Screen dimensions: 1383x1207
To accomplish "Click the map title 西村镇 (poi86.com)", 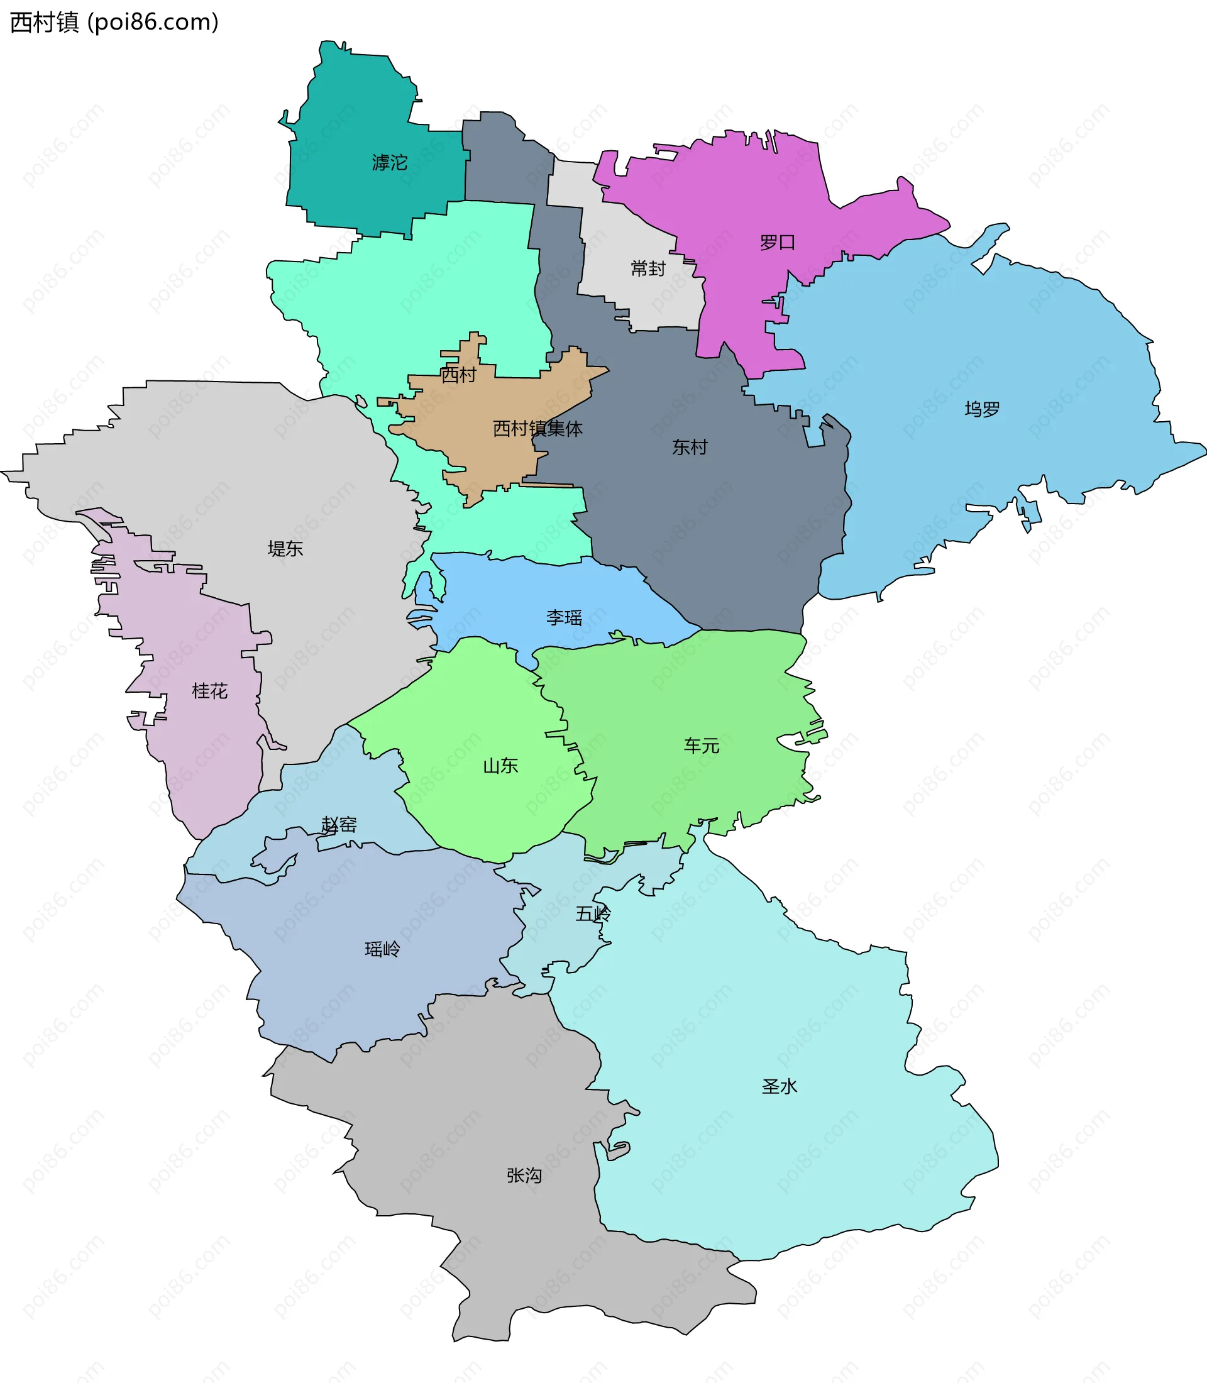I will coord(114,22).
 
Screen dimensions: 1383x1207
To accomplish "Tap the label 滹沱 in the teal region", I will coord(389,162).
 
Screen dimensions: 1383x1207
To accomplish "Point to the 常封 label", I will coord(648,269).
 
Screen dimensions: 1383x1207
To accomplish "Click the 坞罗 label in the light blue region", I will coord(982,409).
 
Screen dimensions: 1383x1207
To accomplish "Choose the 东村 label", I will coord(690,446).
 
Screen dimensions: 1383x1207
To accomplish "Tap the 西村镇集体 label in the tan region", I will coord(537,429).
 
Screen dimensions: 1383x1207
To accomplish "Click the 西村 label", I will coord(459,375).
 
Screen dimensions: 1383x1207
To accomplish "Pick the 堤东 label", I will coord(285,548).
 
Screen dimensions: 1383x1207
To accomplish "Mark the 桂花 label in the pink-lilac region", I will coord(209,690).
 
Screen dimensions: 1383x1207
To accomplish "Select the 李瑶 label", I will coord(564,617).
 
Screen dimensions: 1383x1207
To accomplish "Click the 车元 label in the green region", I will coord(702,745).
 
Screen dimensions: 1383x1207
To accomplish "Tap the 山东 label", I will coord(500,765).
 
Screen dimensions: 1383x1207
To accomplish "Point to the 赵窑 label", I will coord(339,825).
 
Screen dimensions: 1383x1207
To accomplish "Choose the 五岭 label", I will coord(593,913).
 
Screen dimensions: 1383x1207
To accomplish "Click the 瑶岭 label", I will coord(383,949).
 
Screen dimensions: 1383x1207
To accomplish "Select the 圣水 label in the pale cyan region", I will coord(780,1086).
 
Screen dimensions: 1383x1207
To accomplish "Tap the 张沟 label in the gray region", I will coord(524,1176).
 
